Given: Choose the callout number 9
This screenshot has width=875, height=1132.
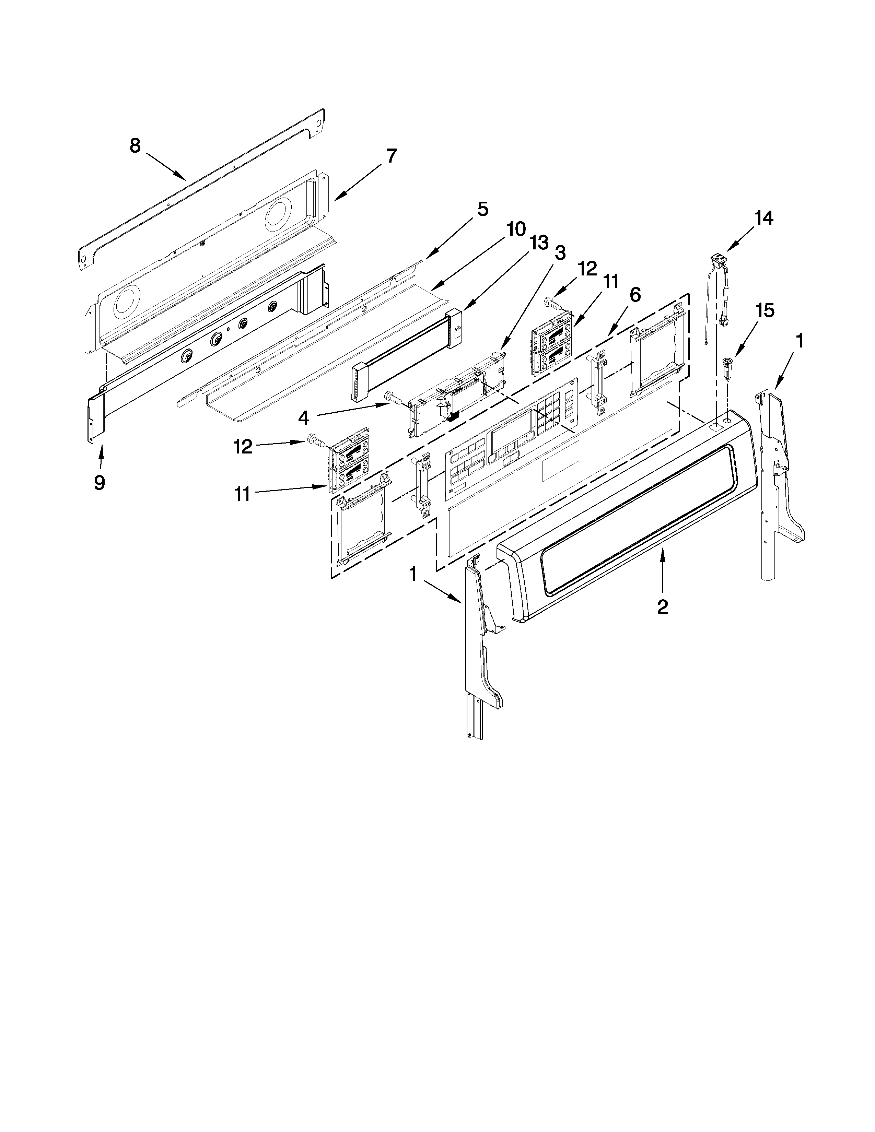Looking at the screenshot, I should tap(99, 483).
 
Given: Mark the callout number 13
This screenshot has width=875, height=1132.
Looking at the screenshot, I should tap(539, 242).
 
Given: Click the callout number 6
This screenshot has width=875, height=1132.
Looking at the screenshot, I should tap(635, 295).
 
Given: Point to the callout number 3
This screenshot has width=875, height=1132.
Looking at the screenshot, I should tap(560, 253).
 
